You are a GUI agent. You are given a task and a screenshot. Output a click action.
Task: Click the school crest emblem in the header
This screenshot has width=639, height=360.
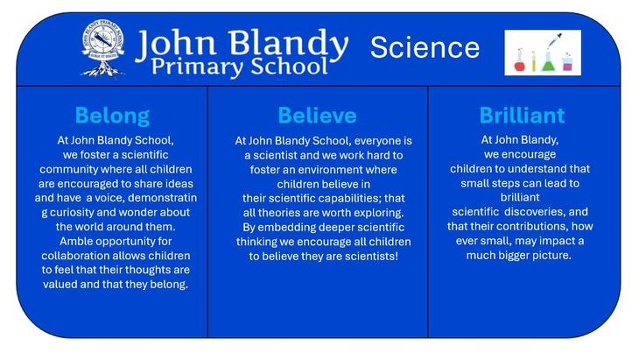tap(102, 48)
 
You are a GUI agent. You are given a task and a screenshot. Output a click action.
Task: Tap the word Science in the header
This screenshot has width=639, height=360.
tap(425, 47)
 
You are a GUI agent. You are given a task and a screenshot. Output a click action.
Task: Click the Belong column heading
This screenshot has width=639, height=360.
tap(112, 116)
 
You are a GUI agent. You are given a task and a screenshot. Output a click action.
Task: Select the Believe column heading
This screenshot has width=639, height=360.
tap(317, 116)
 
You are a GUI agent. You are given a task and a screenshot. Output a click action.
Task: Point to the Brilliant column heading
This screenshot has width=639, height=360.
tap(522, 116)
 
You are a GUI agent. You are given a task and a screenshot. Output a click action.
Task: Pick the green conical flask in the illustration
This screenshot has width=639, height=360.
tap(549, 62)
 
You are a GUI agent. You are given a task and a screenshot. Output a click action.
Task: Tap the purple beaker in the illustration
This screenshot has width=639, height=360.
tap(568, 63)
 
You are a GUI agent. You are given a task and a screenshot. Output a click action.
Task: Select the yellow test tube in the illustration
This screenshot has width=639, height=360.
tap(533, 61)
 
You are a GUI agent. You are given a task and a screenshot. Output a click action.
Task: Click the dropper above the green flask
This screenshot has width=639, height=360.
tap(555, 40)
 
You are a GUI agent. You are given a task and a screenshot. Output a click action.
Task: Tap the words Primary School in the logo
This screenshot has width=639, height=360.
tap(240, 66)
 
